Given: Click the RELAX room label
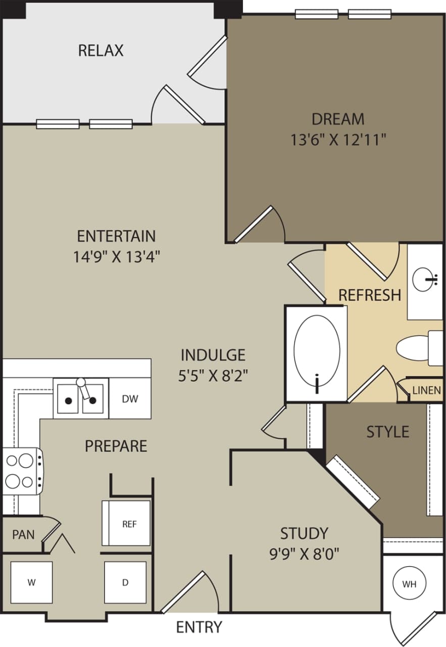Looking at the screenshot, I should (101, 51).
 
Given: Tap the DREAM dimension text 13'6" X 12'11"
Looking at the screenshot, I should (338, 140).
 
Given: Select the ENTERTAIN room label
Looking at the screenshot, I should (116, 236).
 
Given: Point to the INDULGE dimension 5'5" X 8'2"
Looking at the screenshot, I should (213, 376).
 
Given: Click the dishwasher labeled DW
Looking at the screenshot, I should (130, 399).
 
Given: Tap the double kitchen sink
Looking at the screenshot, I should (81, 399).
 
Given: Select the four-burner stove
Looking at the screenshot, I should (20, 471).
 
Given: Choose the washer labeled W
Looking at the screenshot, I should (31, 582).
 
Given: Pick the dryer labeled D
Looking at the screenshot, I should (125, 582).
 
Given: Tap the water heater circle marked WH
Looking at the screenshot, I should (409, 584).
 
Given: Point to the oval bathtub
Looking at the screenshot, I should (317, 355).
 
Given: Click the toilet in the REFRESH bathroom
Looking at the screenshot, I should (417, 348).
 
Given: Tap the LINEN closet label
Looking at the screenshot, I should (426, 390).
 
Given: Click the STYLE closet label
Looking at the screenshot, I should (387, 432).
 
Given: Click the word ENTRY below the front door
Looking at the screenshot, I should (199, 627).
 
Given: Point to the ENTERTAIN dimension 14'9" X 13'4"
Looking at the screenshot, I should (116, 257).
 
